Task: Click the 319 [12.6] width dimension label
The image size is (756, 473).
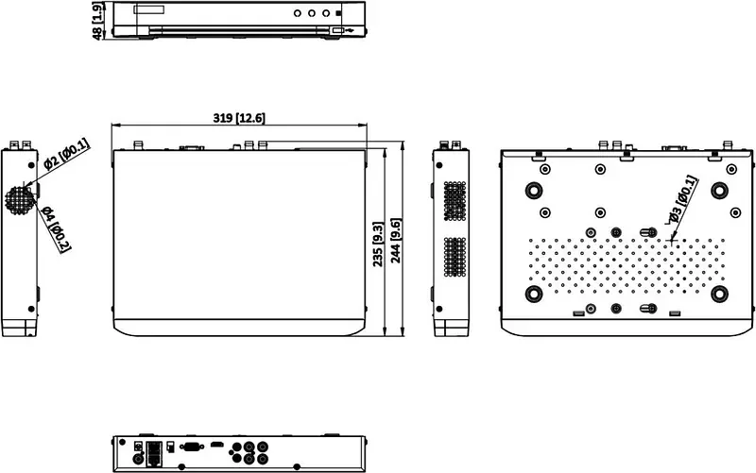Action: coord(239,118)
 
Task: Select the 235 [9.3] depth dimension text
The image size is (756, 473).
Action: coord(378,244)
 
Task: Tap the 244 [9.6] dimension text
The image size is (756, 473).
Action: coord(395,241)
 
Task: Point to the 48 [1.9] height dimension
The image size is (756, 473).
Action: coord(97,21)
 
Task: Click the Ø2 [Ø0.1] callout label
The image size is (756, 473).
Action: coord(66,154)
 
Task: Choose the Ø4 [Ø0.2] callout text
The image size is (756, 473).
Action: coord(57,228)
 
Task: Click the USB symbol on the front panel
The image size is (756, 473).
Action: coord(350,30)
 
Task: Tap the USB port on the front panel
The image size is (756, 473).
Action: coord(337,30)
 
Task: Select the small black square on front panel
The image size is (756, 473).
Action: coord(338,13)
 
